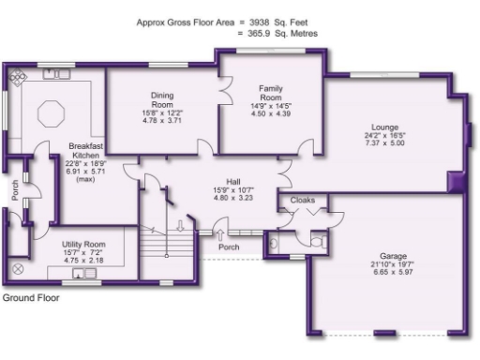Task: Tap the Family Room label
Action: pos(271,93)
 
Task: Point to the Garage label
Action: pos(393,255)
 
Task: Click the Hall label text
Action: pos(234,182)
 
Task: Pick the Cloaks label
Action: pos(303,201)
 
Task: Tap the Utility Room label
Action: pos(83,244)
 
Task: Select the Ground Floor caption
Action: pos(30,298)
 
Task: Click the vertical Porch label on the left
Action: pos(15,191)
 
